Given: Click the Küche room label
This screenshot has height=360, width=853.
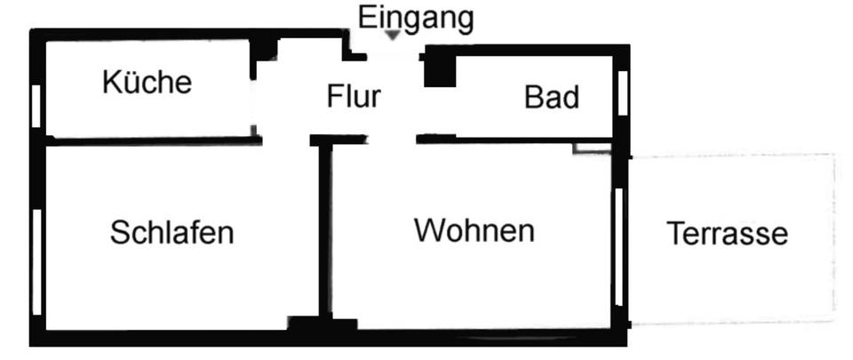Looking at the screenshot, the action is tap(147, 83).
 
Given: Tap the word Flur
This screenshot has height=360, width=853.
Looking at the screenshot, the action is tap(354, 95).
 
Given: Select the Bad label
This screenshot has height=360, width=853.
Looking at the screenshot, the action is tap(552, 97).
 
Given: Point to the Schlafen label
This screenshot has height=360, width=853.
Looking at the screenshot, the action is tap(171, 233).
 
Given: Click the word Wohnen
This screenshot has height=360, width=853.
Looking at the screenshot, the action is tap(474, 231).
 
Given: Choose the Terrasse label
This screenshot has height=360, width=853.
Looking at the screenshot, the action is tap(727, 234).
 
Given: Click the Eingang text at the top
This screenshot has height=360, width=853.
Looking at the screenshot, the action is tap(416, 17).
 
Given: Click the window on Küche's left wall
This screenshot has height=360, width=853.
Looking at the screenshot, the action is tap(36, 105).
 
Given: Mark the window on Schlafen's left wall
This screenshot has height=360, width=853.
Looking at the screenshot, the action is tap(36, 262).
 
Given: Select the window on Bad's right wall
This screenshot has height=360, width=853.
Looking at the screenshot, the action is tap(623, 93).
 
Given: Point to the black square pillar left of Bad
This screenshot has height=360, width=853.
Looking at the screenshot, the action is tap(438, 69).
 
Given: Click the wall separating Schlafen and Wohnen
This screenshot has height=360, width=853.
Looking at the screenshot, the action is tap(325, 231).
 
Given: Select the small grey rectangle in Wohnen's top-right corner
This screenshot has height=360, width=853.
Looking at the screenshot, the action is tap(591, 148).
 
